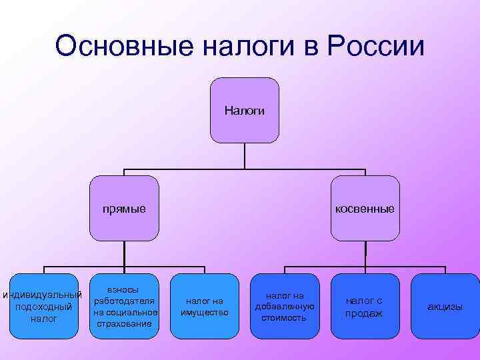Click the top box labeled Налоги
244,110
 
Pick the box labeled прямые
125,208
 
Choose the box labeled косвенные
365,208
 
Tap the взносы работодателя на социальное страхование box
125,307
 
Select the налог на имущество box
205,307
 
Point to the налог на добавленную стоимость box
285,307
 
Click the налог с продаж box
364,307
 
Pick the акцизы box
445,307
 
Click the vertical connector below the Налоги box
245,155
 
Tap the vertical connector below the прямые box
125,253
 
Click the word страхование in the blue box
125,324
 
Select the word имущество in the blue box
205,313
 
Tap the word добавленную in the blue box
285,307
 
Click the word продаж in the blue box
364,313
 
